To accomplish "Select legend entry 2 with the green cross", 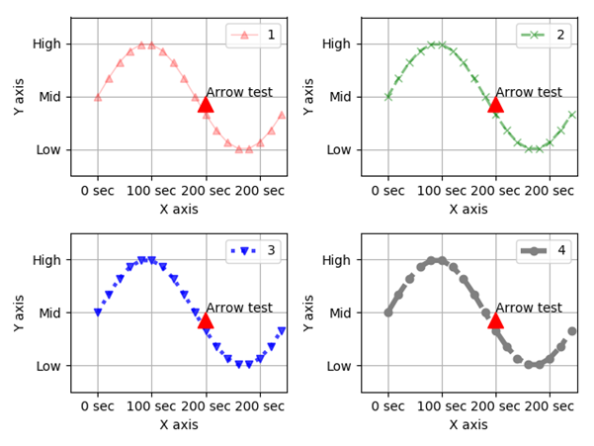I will (545, 36).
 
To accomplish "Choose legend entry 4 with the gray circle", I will (545, 251).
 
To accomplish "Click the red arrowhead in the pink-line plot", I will (206, 104).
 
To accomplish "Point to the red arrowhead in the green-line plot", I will (495, 104).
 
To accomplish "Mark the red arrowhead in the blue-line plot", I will (206, 319).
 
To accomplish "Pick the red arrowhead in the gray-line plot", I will (495, 319).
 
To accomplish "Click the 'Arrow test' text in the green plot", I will (529, 92).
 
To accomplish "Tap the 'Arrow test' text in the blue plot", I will (239, 308).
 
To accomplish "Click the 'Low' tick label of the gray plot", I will (339, 366).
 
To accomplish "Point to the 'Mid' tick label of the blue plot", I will (48, 312).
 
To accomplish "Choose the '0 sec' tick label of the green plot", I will (387, 191).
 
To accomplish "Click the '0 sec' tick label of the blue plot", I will (97, 406).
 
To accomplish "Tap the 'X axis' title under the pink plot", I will (179, 210).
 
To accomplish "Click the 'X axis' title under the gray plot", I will (468, 425).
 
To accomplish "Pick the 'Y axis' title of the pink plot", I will (20, 96).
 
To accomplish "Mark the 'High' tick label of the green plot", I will (337, 44).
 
